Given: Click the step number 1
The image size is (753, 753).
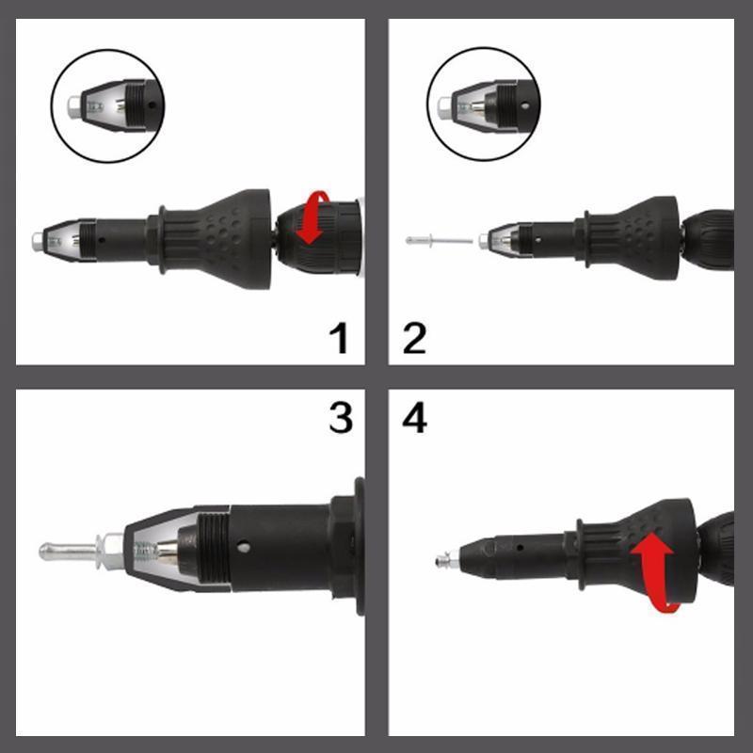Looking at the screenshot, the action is (x=340, y=338).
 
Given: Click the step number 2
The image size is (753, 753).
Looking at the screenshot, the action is (x=414, y=338).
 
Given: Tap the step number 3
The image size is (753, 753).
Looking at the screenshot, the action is (x=341, y=417).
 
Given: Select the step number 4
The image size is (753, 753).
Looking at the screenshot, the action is (x=414, y=417).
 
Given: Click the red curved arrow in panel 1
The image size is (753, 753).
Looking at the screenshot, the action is (x=314, y=217).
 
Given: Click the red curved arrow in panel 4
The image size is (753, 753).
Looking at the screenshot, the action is (x=653, y=571).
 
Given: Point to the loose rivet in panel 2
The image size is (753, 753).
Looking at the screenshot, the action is (x=440, y=240).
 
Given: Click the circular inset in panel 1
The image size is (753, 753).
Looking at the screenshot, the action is (x=108, y=105).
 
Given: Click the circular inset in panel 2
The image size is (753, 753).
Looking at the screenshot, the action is (x=484, y=104).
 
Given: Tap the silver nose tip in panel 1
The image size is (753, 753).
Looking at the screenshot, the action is (x=37, y=242).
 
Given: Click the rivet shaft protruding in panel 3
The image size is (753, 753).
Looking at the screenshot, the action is (x=68, y=551).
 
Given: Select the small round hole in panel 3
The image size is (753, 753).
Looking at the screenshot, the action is (x=244, y=547).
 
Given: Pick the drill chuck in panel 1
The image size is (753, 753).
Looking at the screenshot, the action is (x=319, y=237).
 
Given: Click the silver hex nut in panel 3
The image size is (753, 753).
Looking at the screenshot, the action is (x=111, y=551).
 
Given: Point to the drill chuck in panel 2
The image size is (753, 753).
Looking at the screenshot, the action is (x=709, y=240).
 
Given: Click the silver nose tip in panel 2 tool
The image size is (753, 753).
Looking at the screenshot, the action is (x=483, y=241).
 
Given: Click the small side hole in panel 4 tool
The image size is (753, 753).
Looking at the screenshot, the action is (x=521, y=547).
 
